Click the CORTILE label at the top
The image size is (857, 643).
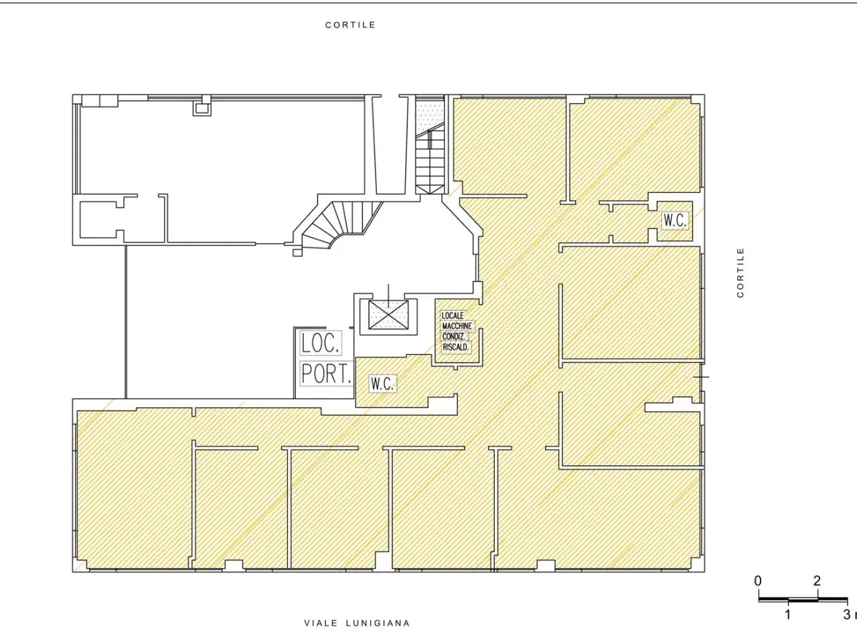tap(350, 25)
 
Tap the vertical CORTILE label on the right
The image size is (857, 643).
tap(741, 273)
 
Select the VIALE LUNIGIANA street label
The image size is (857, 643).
tap(357, 623)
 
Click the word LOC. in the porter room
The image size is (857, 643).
tap(320, 343)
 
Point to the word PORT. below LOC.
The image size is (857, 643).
tap(326, 374)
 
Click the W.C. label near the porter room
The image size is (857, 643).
tap(382, 384)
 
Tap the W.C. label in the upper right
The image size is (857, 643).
tap(675, 220)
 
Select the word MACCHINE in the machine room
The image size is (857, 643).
tap(457, 326)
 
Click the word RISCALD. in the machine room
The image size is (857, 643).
tap(456, 347)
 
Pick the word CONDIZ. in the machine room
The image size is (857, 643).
tap(453, 336)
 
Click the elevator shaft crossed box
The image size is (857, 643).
tap(388, 315)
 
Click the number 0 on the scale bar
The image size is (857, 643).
tap(757, 581)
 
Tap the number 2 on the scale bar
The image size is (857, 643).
tap(817, 581)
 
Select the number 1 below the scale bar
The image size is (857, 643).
tap(788, 614)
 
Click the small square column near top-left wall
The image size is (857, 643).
tap(202, 109)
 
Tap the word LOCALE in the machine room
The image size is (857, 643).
tap(453, 315)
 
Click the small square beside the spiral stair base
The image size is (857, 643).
tap(297, 253)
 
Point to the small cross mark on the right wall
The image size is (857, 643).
tap(701, 377)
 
